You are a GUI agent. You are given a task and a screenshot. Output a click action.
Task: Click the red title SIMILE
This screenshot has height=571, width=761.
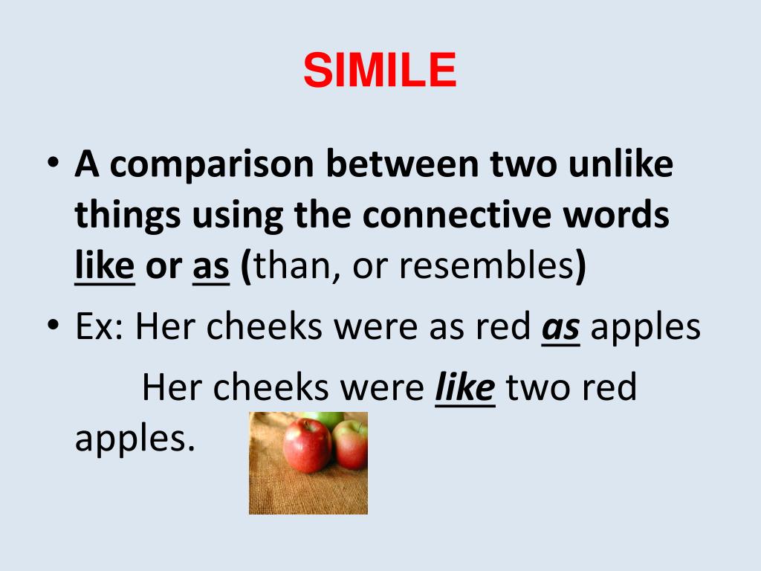[380, 71]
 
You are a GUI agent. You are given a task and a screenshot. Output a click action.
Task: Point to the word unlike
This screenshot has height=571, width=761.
[621, 165]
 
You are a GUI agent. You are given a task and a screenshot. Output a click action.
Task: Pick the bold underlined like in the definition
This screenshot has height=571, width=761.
[105, 266]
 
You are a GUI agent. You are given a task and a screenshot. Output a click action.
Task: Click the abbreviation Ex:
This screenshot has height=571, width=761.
[100, 327]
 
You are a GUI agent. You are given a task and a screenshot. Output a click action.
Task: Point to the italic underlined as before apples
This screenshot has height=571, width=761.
[560, 328]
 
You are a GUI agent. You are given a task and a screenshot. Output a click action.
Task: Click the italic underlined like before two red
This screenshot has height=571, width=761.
[464, 388]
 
